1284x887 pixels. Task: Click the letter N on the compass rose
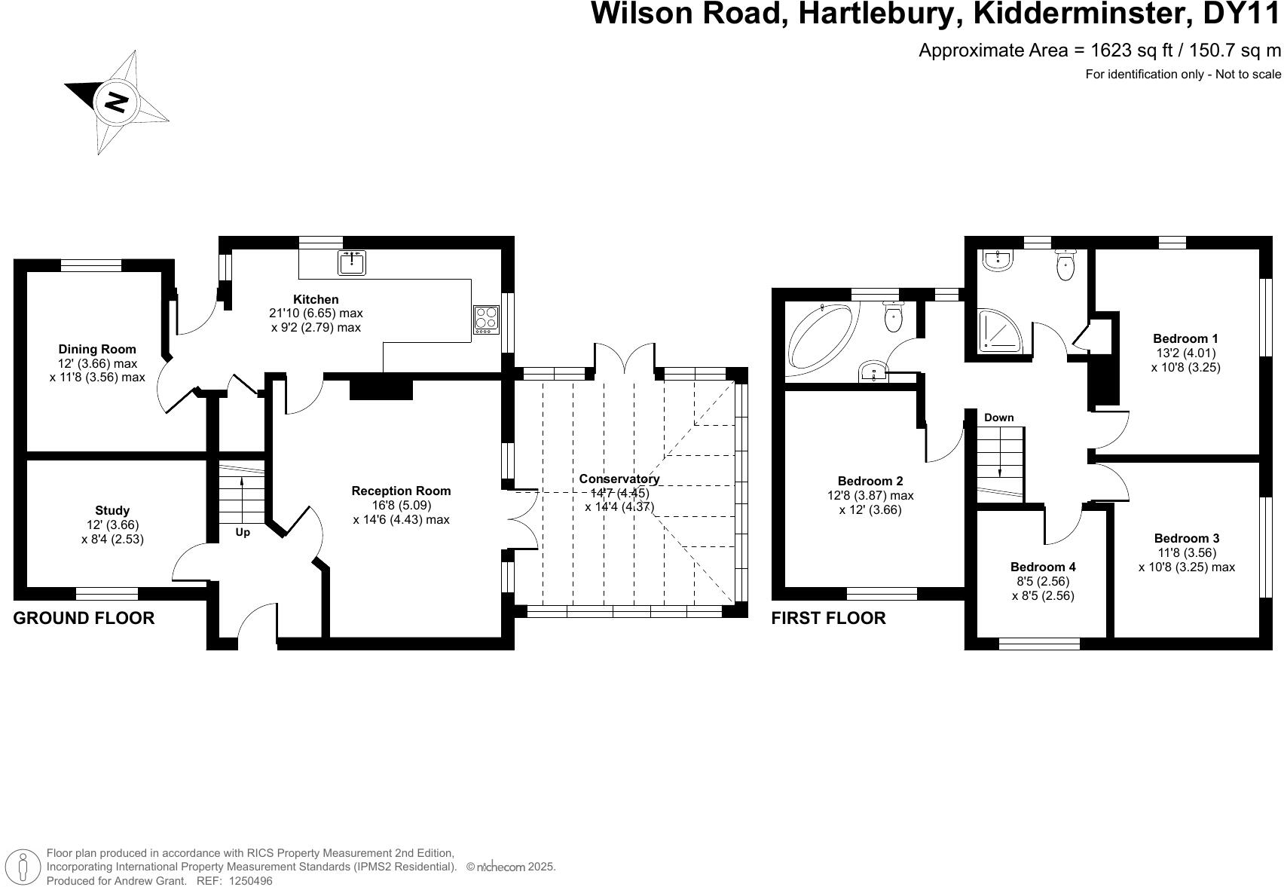115,102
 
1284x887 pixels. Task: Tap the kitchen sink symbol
352,263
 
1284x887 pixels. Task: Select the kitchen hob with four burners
486,320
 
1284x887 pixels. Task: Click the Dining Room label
97,349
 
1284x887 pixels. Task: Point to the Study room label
112,510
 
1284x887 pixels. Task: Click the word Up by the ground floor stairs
243,532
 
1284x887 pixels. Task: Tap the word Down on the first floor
998,418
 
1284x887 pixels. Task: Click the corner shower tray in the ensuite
1000,332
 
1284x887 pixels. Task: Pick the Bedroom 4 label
1043,567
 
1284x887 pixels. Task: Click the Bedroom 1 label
1185,338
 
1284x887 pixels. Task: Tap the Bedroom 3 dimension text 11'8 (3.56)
1186,552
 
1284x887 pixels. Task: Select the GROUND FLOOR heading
84,618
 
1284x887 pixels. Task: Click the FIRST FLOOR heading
828,618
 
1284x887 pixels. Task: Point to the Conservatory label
619,479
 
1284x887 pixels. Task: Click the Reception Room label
401,491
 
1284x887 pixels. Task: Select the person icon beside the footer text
25,867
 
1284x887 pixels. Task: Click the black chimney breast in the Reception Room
381,388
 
